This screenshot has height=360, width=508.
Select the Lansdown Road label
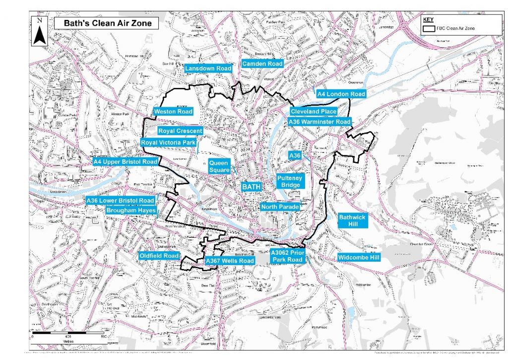click(208, 68)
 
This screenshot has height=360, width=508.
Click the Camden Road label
click(262, 64)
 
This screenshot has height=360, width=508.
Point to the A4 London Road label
click(341, 94)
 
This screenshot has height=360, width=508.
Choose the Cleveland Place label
click(314, 111)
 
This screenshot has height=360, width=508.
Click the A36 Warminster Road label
click(319, 121)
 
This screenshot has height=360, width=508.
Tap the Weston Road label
click(173, 112)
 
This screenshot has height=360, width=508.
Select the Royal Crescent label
click(180, 131)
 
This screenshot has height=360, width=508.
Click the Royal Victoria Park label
click(169, 143)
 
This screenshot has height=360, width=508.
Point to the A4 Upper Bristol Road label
click(126, 162)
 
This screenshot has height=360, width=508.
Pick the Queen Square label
click(219, 166)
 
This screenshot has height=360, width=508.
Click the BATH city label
click(251, 186)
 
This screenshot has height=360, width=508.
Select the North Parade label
click(280, 207)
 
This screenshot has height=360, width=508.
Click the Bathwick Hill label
click(353, 220)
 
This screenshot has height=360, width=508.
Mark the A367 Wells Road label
click(229, 261)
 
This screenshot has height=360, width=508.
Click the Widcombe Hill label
click(358, 257)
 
